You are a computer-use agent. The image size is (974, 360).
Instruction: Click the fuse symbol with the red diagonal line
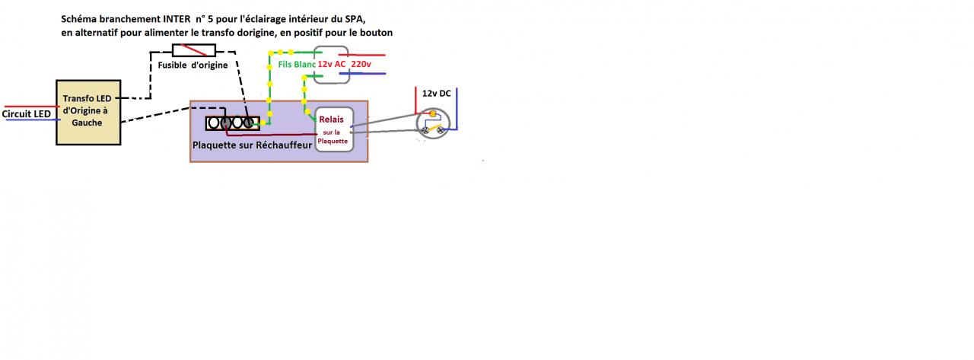(194, 50)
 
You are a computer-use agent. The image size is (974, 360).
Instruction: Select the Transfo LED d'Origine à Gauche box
(88, 112)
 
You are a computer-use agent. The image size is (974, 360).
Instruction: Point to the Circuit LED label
(27, 114)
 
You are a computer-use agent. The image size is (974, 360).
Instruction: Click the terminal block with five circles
(232, 122)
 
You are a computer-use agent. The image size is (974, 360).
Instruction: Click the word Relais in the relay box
(332, 119)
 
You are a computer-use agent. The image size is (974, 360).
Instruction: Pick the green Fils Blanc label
(296, 65)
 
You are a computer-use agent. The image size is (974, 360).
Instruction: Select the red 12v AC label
(332, 65)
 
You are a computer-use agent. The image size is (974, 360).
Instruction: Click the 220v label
(361, 65)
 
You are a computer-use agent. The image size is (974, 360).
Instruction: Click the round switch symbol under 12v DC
(433, 124)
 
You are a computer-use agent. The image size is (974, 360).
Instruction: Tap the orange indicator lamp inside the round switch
(432, 114)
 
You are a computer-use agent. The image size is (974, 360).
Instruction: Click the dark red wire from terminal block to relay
(274, 135)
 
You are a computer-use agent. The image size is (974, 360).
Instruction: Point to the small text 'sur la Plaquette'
(333, 136)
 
